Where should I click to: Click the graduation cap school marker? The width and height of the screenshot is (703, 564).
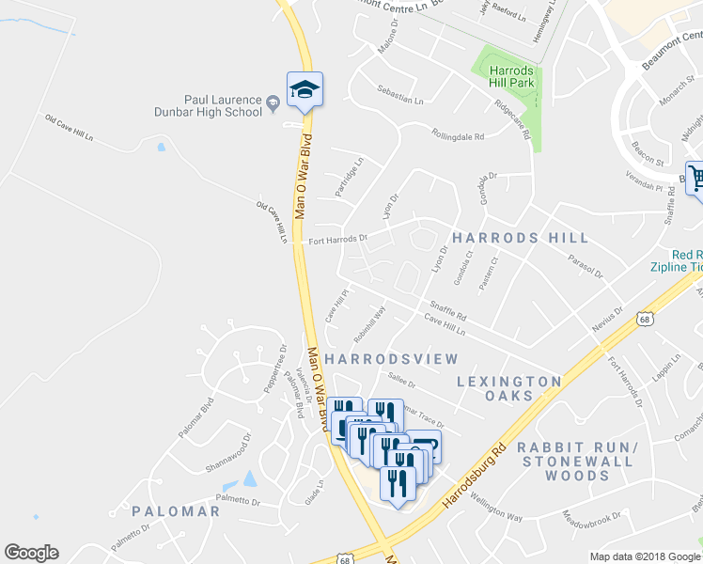click(x=305, y=90)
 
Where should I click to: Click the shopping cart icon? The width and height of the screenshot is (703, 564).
click(x=696, y=178)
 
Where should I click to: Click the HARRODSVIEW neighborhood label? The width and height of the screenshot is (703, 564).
click(x=391, y=359)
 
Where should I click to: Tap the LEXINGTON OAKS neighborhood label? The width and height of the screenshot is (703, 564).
click(x=509, y=388)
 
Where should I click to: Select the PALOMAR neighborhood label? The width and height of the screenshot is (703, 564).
click(x=176, y=511)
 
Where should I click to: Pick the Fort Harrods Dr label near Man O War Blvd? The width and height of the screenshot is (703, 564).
click(x=337, y=239)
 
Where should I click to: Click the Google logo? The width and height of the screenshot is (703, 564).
click(x=31, y=553)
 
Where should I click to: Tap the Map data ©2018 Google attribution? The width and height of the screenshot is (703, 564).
click(x=645, y=556)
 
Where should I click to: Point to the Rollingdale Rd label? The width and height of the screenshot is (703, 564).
click(x=457, y=135)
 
